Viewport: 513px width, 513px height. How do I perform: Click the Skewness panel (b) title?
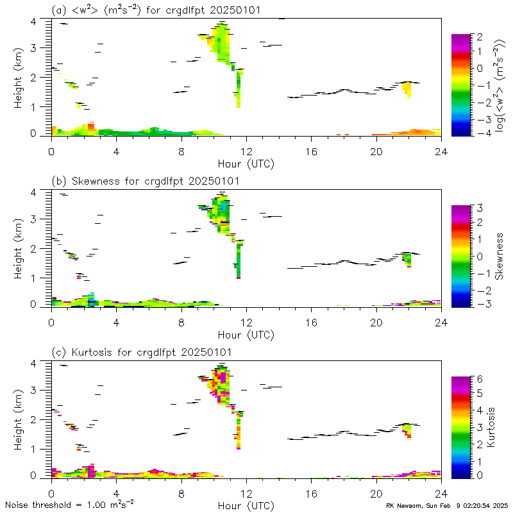click(146, 181)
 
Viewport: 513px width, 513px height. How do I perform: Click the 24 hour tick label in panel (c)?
click(440, 494)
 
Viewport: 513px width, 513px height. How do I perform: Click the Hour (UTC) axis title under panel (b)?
click(246, 335)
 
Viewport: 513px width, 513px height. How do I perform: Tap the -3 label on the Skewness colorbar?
click(478, 304)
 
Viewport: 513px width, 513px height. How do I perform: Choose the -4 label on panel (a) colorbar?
click(478, 133)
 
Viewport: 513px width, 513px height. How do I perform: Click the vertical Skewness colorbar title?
click(499, 255)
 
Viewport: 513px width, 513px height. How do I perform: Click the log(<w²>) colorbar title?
click(500, 85)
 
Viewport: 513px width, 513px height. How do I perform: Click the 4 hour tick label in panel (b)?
click(116, 323)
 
